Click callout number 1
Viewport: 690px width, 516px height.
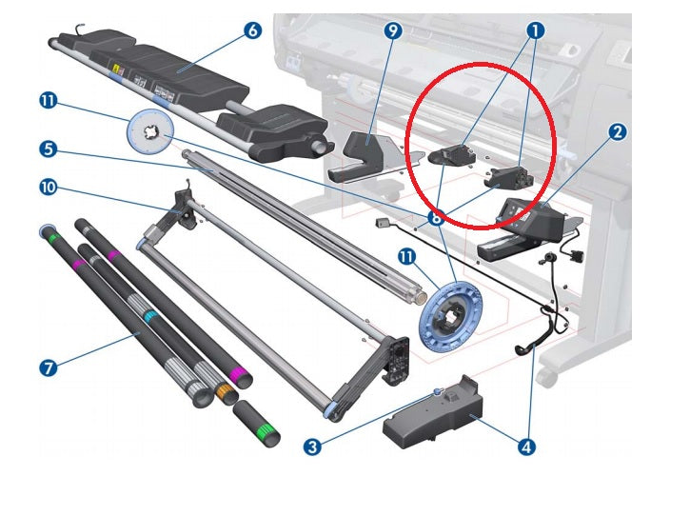[536, 30]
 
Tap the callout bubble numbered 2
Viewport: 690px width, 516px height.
[618, 132]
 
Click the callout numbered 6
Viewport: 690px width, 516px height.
[251, 30]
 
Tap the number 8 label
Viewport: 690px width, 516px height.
[436, 217]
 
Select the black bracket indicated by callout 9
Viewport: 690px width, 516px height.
[365, 152]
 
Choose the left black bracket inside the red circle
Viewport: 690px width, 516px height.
[452, 154]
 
